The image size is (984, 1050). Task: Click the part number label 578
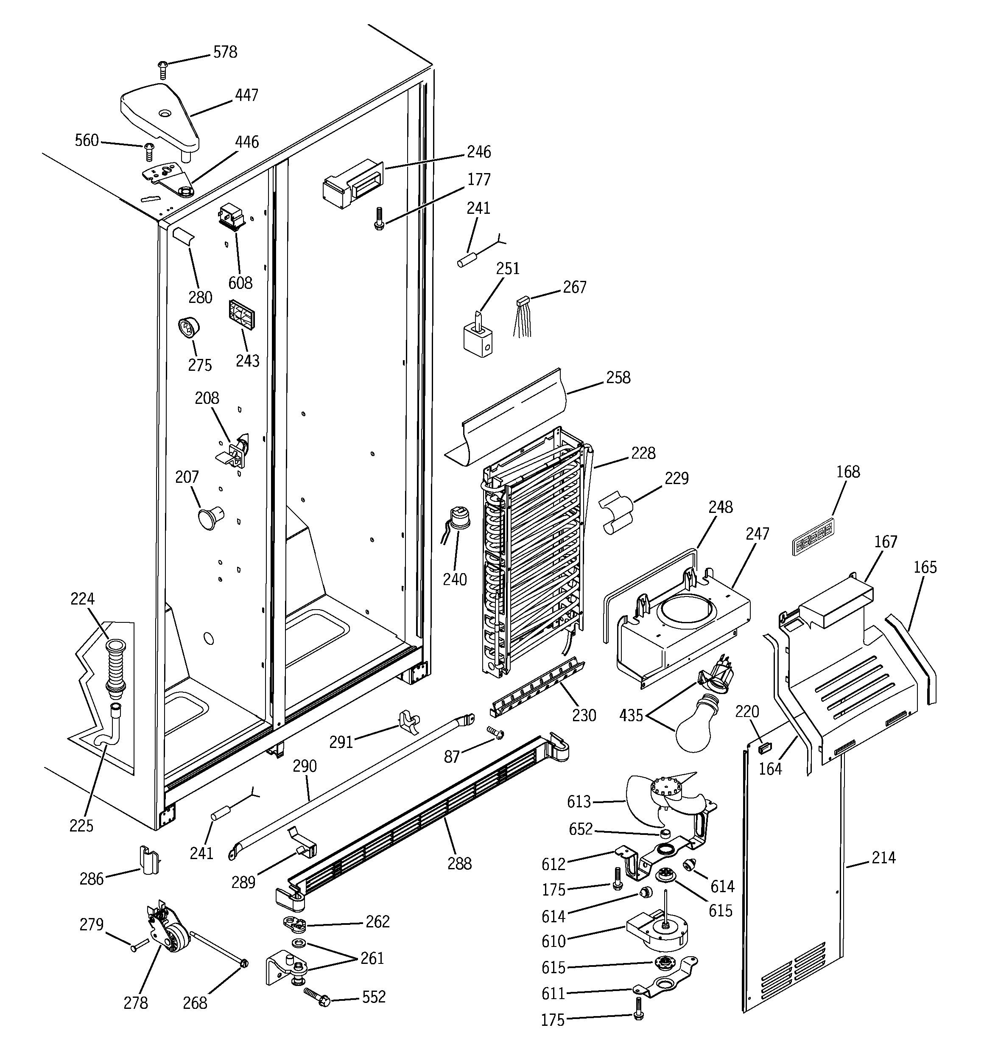(x=225, y=52)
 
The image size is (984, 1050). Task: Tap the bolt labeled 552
(x=317, y=997)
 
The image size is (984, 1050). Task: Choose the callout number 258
(x=618, y=377)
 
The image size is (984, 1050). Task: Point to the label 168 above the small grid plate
(x=848, y=472)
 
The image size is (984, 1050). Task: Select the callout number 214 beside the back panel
(x=883, y=857)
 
